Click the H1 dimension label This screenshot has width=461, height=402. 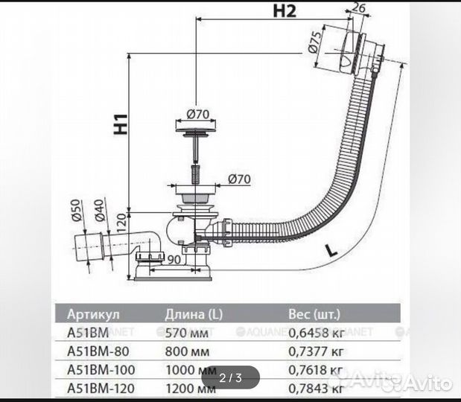[121, 124]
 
